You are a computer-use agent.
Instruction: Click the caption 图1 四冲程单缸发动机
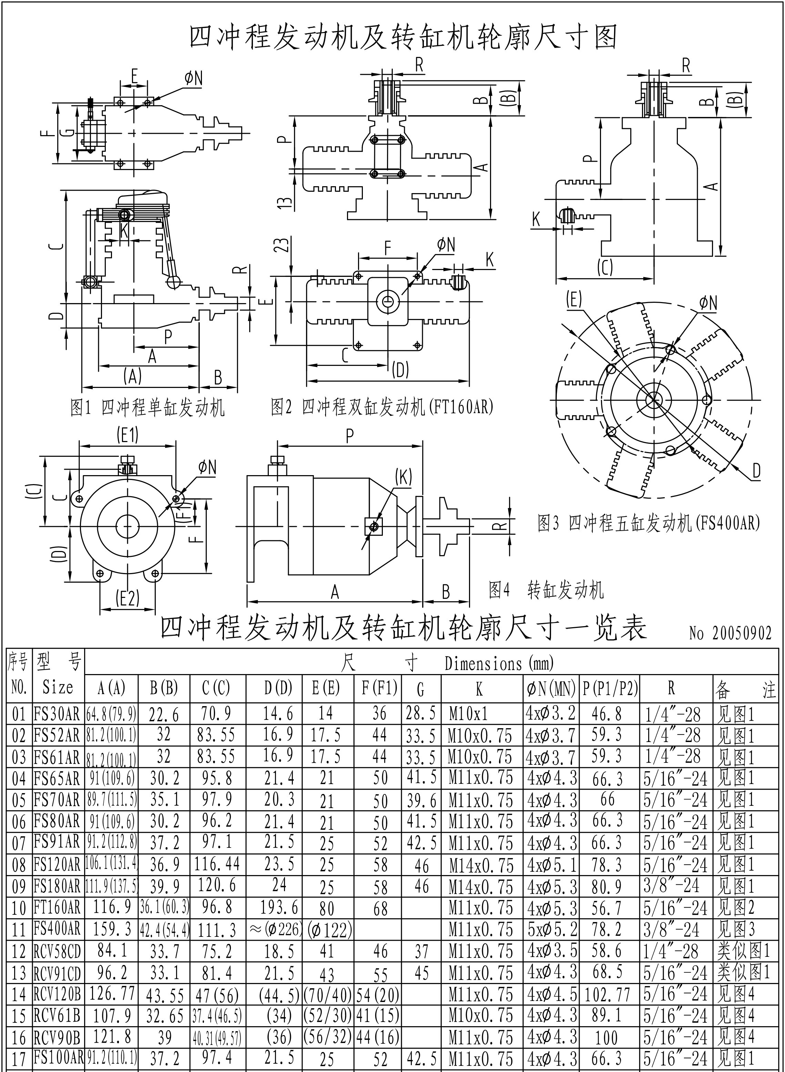click(147, 408)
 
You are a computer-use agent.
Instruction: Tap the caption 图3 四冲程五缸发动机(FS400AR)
click(649, 523)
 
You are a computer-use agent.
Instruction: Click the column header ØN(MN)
click(551, 688)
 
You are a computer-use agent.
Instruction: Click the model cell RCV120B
click(57, 994)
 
